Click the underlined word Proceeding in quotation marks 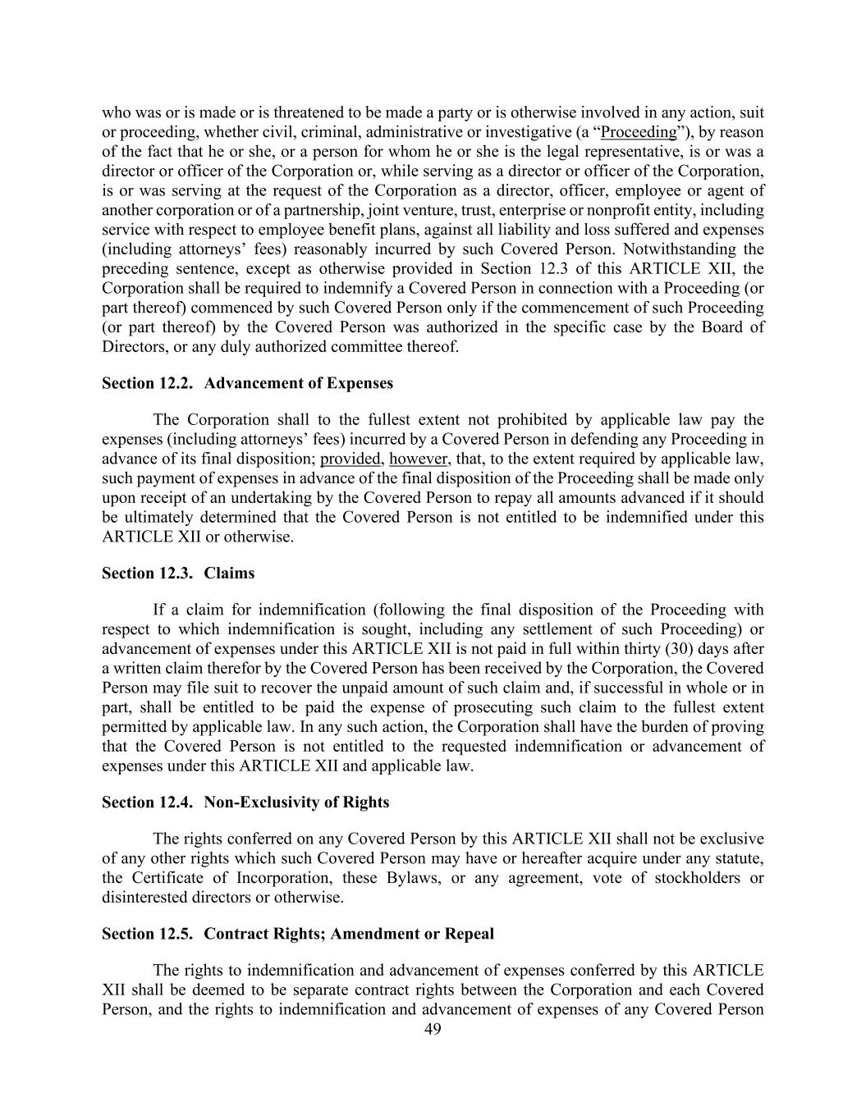pyautogui.click(x=639, y=132)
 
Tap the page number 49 pyautogui.click(x=433, y=1029)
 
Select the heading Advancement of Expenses pyautogui.click(x=298, y=383)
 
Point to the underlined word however pyautogui.click(x=418, y=459)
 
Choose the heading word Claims pyautogui.click(x=229, y=573)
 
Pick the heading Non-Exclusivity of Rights pyautogui.click(x=296, y=802)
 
